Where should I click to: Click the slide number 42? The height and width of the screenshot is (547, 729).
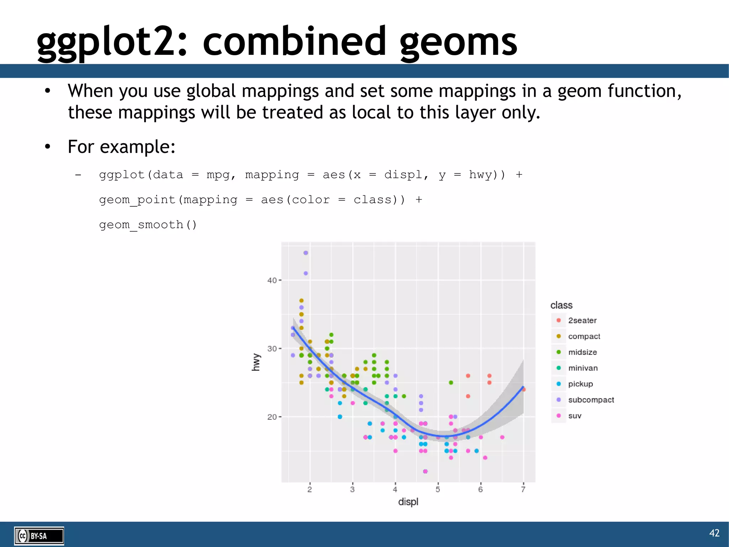click(714, 533)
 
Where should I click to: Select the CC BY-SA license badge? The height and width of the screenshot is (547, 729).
click(39, 536)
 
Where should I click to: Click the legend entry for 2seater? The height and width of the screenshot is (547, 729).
click(582, 320)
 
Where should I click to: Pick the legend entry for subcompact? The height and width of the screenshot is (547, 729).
click(591, 400)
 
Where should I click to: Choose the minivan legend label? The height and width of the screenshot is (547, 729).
click(583, 368)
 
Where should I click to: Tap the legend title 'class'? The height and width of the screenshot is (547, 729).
click(561, 305)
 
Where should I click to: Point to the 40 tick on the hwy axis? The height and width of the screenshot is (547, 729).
click(272, 280)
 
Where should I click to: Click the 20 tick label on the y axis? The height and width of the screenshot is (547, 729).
click(272, 417)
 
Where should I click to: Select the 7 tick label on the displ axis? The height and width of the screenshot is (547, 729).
click(523, 490)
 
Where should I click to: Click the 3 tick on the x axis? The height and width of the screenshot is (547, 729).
click(352, 490)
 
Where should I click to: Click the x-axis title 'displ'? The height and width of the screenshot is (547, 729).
click(408, 502)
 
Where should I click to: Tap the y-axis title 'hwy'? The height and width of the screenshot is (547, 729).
click(256, 362)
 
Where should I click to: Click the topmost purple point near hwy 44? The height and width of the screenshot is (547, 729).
click(306, 253)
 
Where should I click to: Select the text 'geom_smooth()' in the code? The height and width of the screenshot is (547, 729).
click(148, 225)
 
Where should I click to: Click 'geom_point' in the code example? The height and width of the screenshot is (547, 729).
click(137, 200)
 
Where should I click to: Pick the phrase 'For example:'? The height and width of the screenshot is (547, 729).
click(121, 147)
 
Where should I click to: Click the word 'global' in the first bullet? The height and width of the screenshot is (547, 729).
click(211, 91)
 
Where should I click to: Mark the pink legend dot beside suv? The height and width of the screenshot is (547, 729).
click(558, 416)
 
